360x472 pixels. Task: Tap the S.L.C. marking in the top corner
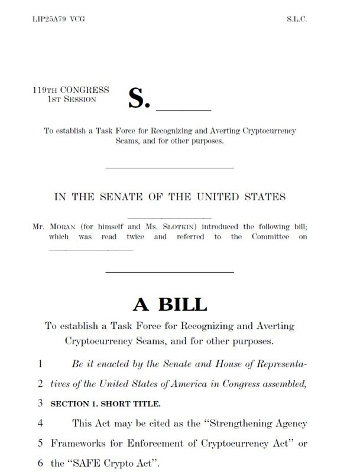coord(297,19)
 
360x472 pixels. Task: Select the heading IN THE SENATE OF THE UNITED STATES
coord(170,197)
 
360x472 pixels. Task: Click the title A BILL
coord(170,304)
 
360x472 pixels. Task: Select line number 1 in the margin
coord(40,364)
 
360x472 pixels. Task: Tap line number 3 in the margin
coord(40,404)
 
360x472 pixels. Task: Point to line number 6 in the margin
coord(40,463)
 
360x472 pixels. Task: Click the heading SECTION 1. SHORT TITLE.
coord(105,404)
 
